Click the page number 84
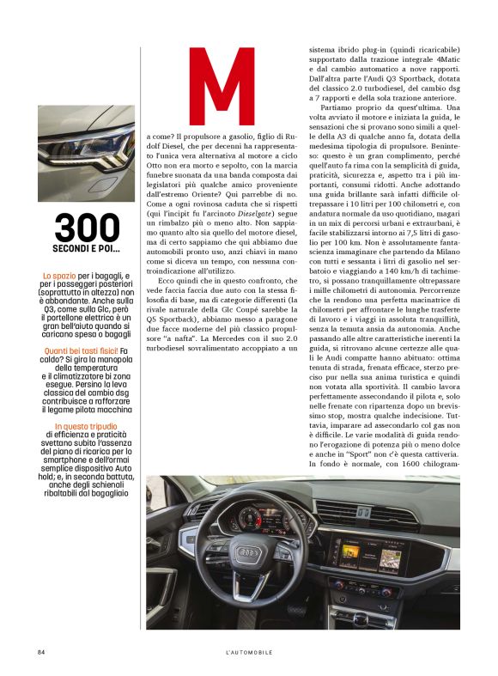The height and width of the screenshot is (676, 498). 41,652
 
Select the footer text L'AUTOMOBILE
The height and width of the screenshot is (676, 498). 244,652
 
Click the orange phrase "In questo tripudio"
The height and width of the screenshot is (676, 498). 86,427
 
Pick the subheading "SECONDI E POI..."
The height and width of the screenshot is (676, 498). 86,250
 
